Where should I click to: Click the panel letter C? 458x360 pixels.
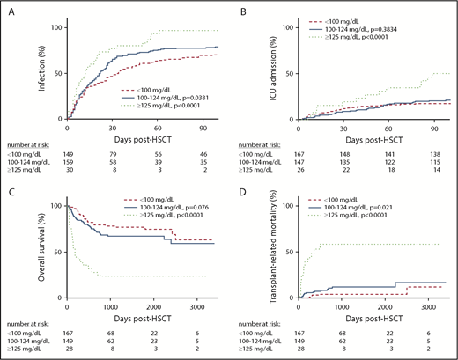(x=9, y=189)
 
